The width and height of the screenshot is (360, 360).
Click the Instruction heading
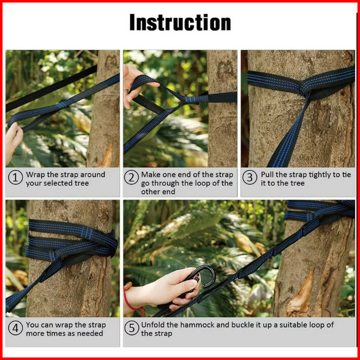pyautogui.click(x=180, y=22)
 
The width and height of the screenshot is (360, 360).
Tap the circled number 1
pyautogui.click(x=15, y=177)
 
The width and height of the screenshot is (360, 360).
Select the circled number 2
pyautogui.click(x=131, y=177)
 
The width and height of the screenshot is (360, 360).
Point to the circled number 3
pyautogui.click(x=249, y=177)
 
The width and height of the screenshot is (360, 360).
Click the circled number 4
pyautogui.click(x=15, y=328)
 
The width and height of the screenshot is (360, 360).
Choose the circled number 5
pyautogui.click(x=132, y=328)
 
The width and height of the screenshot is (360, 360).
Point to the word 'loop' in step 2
pyautogui.click(x=203, y=184)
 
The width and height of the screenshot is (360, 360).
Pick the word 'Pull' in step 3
pyautogui.click(x=267, y=175)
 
